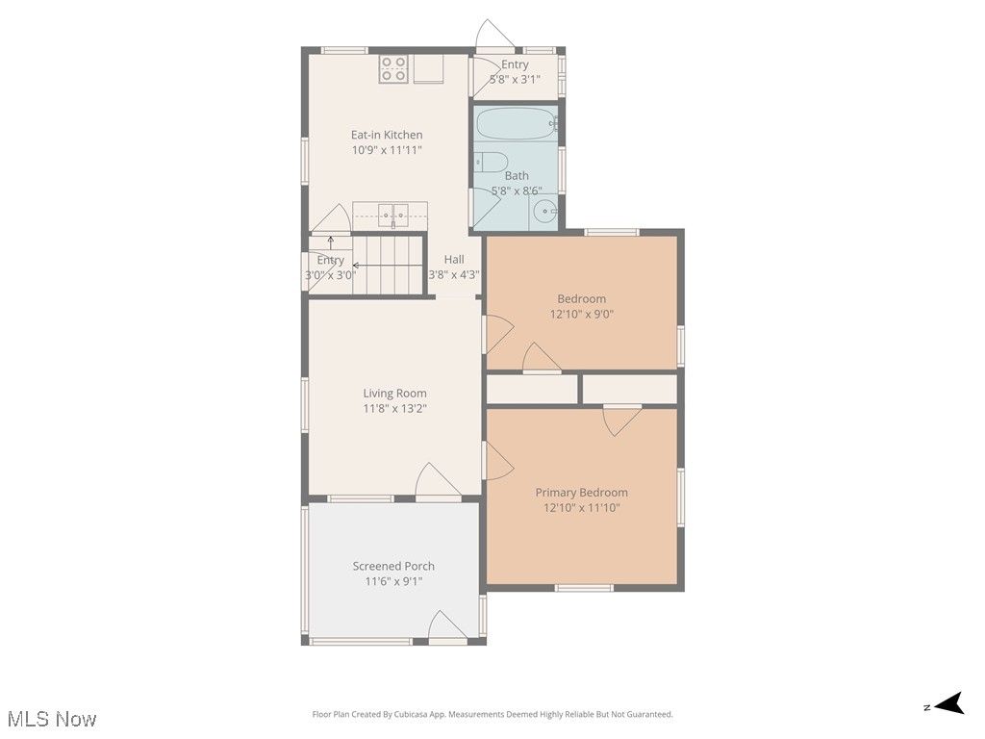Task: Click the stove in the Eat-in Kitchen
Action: tap(393, 69)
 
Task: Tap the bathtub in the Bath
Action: tap(517, 125)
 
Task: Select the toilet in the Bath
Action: tap(492, 162)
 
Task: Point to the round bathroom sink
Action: tap(545, 212)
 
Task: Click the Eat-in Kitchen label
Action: tap(386, 135)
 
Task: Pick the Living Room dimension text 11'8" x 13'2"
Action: tap(394, 408)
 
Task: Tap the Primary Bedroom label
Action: tap(581, 493)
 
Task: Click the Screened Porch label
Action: tap(393, 566)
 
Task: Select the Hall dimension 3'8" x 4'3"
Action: tap(454, 274)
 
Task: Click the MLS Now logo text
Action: tap(51, 719)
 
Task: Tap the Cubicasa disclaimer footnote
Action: tap(492, 714)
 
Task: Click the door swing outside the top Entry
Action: tap(496, 35)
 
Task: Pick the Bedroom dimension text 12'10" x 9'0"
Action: tap(581, 314)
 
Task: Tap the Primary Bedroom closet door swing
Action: tap(620, 420)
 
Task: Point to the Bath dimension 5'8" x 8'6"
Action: tap(517, 191)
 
